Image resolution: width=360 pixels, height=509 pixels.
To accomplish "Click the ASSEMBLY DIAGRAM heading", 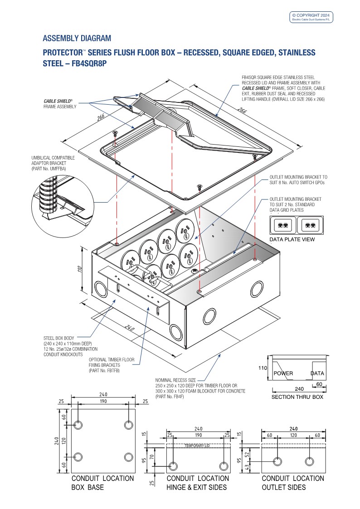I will pos(77,38).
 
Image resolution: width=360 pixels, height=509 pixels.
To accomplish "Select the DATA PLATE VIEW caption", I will pos(292,240).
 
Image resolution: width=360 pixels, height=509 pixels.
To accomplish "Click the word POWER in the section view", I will pos(283,373).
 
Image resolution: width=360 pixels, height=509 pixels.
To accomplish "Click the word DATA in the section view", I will pos(317,373).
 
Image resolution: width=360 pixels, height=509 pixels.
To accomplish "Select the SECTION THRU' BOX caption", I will pos(297,397).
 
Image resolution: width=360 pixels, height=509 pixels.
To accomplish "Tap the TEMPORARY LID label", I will pos(198,446).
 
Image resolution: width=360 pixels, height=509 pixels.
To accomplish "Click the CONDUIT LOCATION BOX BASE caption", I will pos(102,483).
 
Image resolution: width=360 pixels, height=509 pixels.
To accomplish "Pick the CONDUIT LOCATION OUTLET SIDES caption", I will pos(293,483).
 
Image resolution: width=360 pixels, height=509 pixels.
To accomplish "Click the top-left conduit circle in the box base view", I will pos(78,426).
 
